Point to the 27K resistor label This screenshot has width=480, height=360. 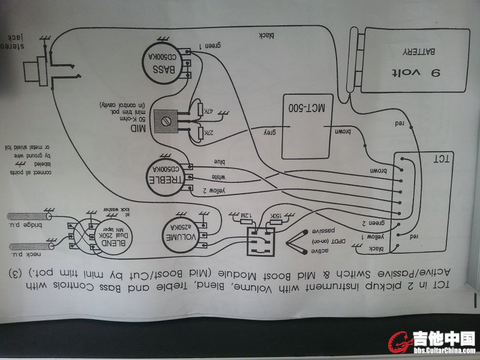tap(209, 133)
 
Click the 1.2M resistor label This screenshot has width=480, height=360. tap(247, 214)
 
